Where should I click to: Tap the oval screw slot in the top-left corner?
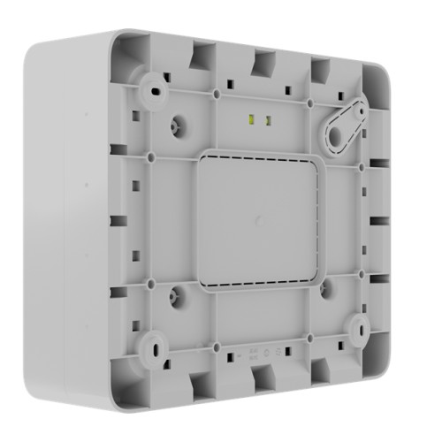156,91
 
